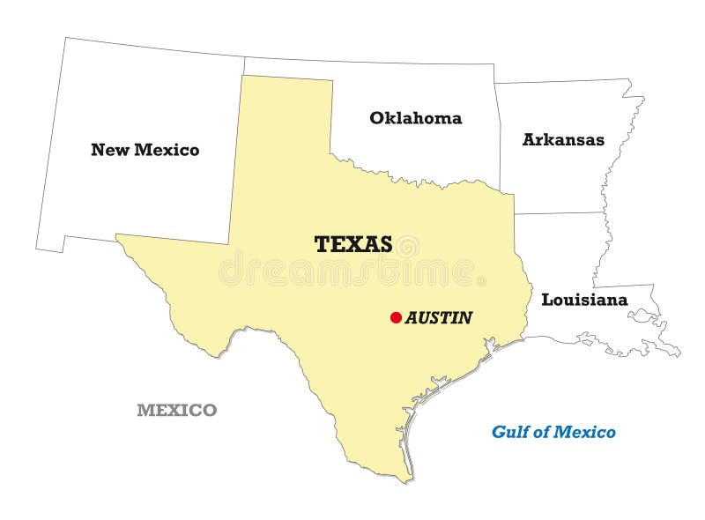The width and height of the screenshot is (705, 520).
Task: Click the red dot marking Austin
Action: click(396, 317)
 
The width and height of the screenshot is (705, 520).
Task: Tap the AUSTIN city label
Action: click(439, 317)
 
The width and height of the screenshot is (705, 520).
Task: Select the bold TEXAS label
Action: click(353, 244)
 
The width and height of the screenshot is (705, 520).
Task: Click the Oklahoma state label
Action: click(415, 118)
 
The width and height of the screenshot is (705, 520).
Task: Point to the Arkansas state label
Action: click(563, 139)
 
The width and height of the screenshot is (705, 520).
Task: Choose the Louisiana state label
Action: click(584, 300)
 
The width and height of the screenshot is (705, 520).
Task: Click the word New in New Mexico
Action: click(109, 150)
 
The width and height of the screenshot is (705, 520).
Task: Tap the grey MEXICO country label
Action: click(176, 410)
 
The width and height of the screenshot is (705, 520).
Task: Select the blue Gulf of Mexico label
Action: click(553, 432)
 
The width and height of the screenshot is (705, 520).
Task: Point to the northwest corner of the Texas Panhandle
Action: click(242, 76)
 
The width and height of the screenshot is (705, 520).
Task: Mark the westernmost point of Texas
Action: click(117, 235)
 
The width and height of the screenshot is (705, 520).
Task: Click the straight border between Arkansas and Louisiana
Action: click(560, 212)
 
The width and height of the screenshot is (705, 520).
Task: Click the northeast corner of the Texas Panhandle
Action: click(332, 80)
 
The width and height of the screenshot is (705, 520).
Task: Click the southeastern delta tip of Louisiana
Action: click(677, 353)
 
